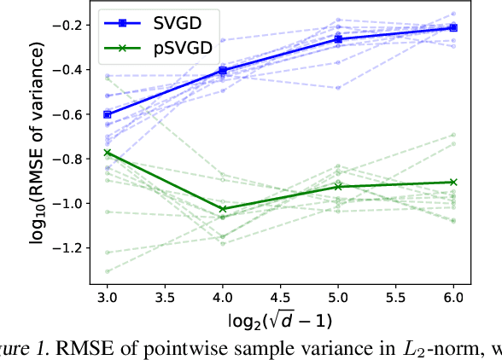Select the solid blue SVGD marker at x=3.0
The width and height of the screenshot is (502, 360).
[x=107, y=114]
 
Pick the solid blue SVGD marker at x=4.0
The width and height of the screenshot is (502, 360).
[x=223, y=70]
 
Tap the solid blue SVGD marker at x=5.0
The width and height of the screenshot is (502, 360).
[x=338, y=39]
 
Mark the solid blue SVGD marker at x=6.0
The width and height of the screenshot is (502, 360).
[x=453, y=28]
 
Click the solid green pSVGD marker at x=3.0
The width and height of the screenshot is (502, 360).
[x=107, y=152]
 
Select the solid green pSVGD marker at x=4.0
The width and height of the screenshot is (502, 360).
[x=223, y=208]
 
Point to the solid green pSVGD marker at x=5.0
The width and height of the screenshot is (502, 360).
[x=338, y=186]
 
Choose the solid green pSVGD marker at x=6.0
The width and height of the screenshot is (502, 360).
[x=453, y=182]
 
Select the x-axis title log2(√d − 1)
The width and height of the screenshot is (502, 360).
[x=280, y=322]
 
